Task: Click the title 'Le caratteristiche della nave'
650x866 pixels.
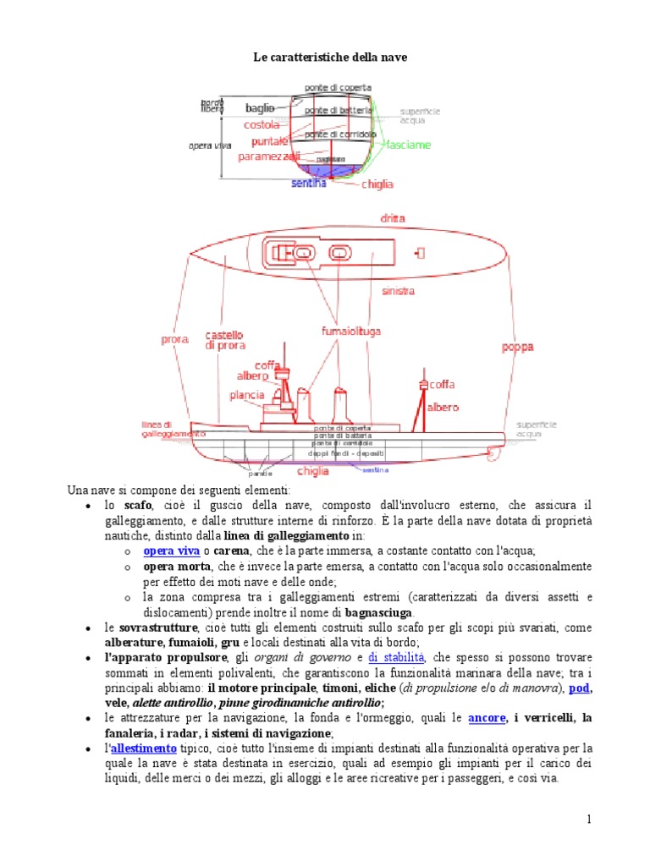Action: click(x=324, y=57)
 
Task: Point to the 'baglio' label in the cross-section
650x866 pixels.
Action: click(x=259, y=108)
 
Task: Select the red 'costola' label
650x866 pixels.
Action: click(x=262, y=125)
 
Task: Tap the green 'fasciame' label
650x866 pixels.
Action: click(x=409, y=145)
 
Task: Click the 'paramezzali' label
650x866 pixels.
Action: click(x=268, y=156)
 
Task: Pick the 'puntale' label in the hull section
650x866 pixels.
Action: click(x=270, y=141)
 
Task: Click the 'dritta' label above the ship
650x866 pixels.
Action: click(x=393, y=218)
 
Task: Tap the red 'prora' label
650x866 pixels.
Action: click(x=174, y=340)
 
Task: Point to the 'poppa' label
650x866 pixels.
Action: click(x=517, y=347)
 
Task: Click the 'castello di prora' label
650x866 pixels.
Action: click(x=225, y=341)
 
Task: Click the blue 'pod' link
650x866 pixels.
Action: click(x=580, y=688)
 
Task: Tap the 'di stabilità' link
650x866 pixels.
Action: click(x=396, y=657)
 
